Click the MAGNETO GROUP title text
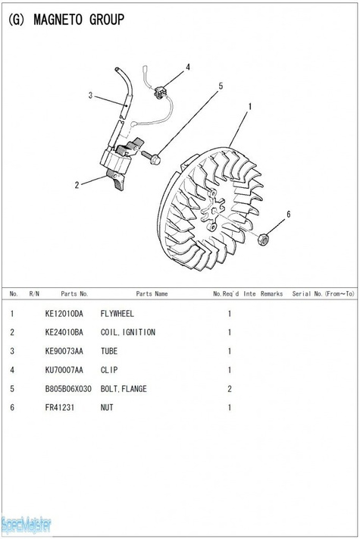(x=79, y=20)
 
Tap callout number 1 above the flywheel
(x=250, y=107)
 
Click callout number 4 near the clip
(x=188, y=67)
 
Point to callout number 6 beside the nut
(x=289, y=214)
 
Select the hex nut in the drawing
(x=263, y=239)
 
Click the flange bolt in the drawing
(x=151, y=157)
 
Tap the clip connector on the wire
(x=161, y=92)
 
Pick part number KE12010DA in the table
(x=64, y=314)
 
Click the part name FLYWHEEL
(x=117, y=314)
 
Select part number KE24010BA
(x=64, y=332)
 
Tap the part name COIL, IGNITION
(x=128, y=332)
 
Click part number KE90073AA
(x=64, y=351)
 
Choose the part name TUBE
(x=109, y=351)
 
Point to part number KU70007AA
(x=64, y=370)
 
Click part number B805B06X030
(x=68, y=389)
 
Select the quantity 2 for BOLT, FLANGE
(x=230, y=389)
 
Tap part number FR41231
(x=59, y=407)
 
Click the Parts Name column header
(x=152, y=293)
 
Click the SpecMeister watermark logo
(x=26, y=525)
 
